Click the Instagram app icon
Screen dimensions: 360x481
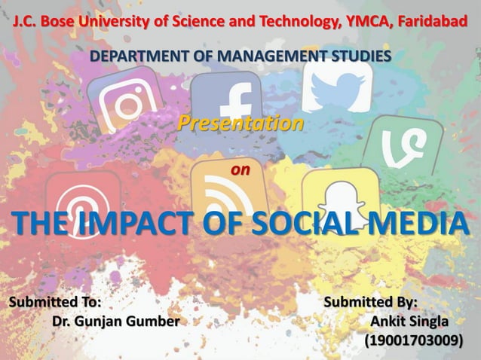[124, 102]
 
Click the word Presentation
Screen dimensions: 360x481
[240, 122]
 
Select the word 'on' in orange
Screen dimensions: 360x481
[240, 170]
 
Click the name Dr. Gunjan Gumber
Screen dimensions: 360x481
[116, 322]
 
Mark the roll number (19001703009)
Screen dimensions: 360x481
[412, 341]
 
